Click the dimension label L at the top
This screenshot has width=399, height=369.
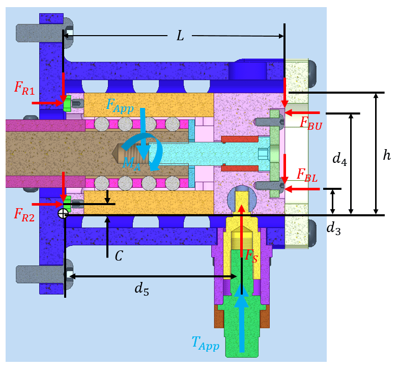point(180,36)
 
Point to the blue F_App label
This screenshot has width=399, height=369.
point(119,105)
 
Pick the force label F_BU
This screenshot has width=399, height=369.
point(310,123)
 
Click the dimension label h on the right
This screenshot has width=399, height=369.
point(386,155)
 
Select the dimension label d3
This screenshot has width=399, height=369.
point(334,229)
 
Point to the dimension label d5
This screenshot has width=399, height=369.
point(145,288)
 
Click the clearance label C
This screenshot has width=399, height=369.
point(118,256)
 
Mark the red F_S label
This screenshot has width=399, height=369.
point(251,256)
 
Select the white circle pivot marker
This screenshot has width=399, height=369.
point(63,214)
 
